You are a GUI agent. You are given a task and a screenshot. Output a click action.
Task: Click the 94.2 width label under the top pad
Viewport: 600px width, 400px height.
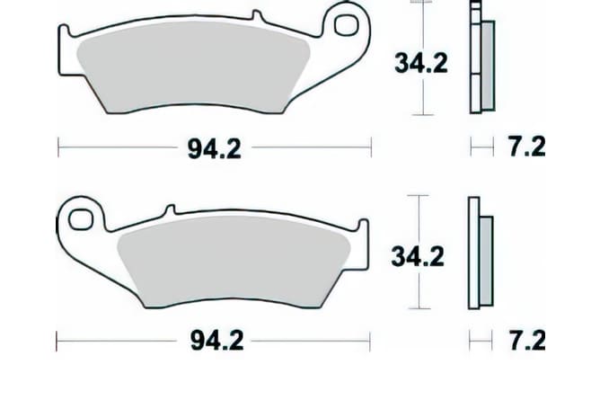coord(215,148)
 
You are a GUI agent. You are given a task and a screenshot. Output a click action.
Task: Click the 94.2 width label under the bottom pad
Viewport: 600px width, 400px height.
coord(215,342)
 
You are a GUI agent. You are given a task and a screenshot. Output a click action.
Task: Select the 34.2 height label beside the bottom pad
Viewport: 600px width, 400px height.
coord(417,256)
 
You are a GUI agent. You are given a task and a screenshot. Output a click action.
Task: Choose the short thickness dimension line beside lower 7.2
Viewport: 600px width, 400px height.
coord(482,342)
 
